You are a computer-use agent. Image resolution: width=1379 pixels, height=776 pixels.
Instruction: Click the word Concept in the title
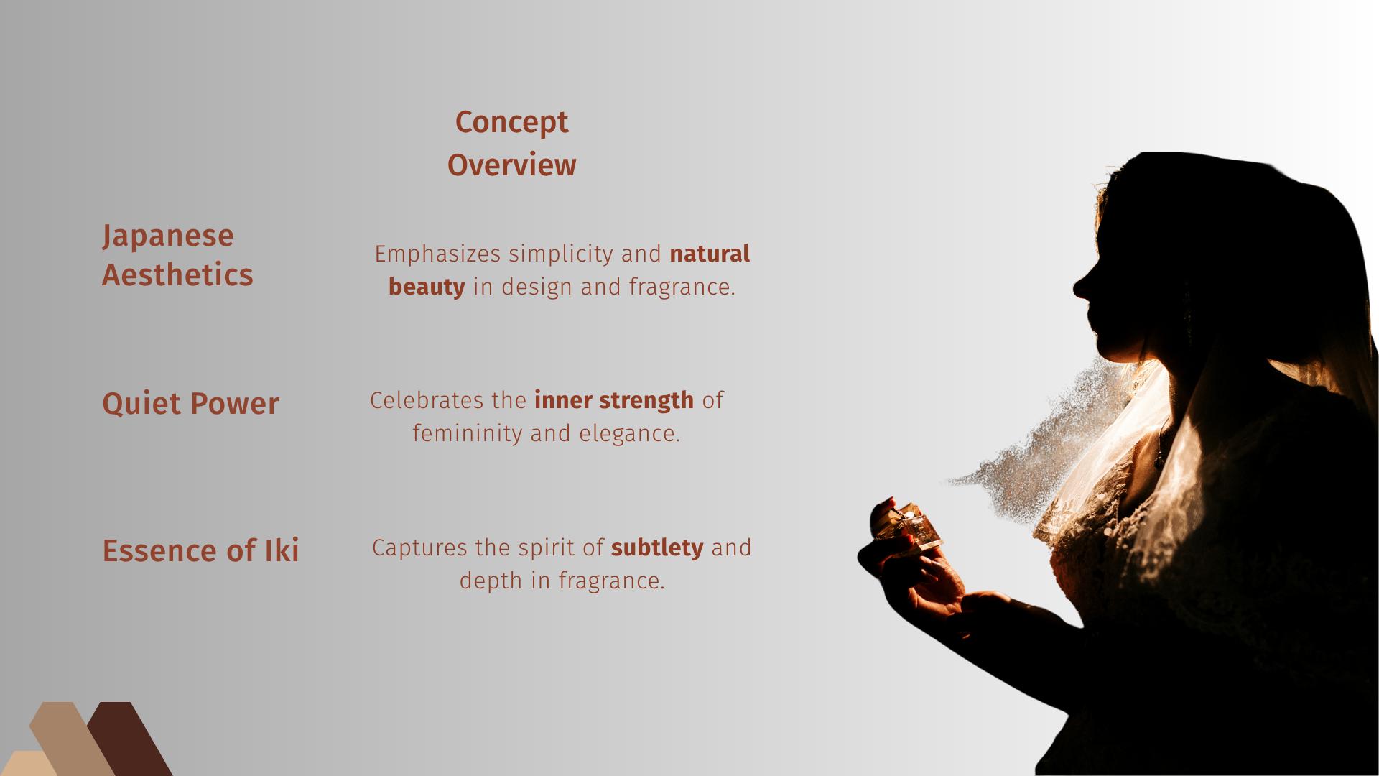pos(511,123)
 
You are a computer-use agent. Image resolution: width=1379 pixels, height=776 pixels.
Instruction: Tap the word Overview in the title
pos(511,165)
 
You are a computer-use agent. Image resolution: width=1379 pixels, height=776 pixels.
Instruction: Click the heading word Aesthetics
pos(177,274)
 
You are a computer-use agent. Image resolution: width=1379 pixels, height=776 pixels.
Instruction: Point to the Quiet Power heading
pos(190,403)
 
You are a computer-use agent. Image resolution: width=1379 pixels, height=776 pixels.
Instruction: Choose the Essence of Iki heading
pos(200,550)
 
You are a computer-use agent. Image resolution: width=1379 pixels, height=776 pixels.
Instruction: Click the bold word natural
pos(710,254)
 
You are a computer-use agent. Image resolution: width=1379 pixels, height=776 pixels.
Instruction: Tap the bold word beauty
pos(427,287)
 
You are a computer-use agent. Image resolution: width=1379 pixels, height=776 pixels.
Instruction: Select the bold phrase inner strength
pos(614,400)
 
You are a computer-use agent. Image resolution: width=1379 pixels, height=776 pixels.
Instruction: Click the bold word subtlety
pos(657,548)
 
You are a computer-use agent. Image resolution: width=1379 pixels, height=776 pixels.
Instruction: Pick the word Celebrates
pos(427,400)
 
